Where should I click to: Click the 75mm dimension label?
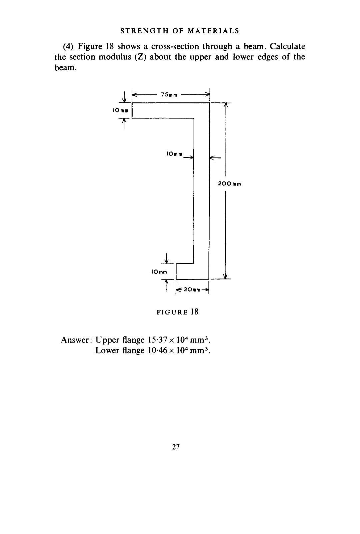click(x=169, y=95)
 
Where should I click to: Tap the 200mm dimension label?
click(x=229, y=184)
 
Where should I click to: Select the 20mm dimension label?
click(x=192, y=290)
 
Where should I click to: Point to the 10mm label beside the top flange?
click(x=120, y=110)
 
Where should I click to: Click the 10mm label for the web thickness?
click(x=174, y=154)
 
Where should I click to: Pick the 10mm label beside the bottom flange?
click(x=159, y=272)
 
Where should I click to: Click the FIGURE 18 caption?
click(x=177, y=312)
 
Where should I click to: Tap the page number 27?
click(x=176, y=447)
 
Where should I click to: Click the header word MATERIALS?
click(x=213, y=31)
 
